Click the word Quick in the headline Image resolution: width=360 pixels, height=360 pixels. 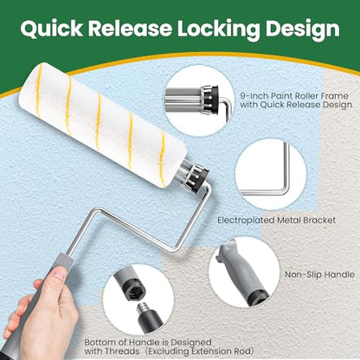point(51,29)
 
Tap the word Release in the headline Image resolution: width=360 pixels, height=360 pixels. point(130,29)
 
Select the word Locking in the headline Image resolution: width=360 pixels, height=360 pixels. point(218,29)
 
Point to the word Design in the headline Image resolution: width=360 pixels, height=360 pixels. point(303,29)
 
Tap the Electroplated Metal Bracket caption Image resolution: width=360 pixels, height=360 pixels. point(277,220)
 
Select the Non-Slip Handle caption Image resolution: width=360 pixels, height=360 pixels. point(319,274)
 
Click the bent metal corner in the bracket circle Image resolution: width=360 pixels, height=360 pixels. point(286,188)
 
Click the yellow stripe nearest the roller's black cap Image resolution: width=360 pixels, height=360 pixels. point(163,159)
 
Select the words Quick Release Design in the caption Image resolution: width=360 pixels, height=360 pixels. point(305,105)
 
